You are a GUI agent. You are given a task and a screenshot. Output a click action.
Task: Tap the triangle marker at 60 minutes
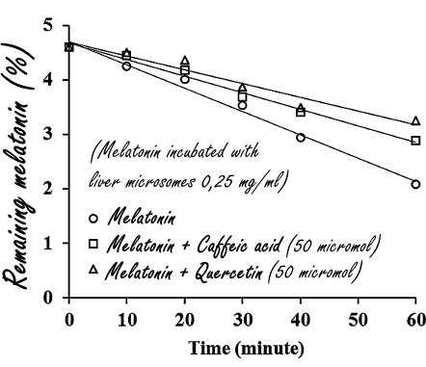(x=415, y=120)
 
